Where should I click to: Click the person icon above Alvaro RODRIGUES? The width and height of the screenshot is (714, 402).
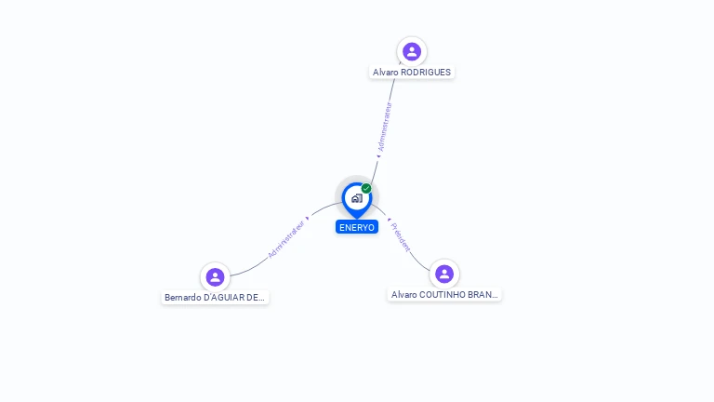pos(412,51)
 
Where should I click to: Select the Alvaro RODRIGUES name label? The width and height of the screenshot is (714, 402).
pos(412,72)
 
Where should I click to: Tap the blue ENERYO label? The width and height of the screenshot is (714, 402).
pos(357,227)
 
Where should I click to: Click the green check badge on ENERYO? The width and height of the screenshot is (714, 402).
pos(366,188)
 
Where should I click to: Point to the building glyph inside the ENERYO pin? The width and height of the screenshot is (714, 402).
pos(356,197)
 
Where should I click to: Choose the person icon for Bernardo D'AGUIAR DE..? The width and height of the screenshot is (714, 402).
pos(215,276)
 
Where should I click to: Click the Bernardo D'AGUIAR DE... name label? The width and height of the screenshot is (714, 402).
pos(215,298)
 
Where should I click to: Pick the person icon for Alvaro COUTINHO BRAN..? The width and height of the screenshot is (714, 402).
pos(444,274)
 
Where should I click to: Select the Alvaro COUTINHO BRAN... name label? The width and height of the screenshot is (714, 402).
pos(444,294)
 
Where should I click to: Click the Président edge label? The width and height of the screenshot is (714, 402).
pos(401,237)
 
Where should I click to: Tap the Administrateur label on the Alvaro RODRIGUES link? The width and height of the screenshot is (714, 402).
pos(385,127)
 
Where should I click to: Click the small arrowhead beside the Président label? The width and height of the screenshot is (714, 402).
pos(388,220)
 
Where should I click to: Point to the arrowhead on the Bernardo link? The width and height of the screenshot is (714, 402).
pos(307,218)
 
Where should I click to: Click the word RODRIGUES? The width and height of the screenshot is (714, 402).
pos(426,72)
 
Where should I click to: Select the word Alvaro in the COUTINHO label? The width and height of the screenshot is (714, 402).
pos(403,294)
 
